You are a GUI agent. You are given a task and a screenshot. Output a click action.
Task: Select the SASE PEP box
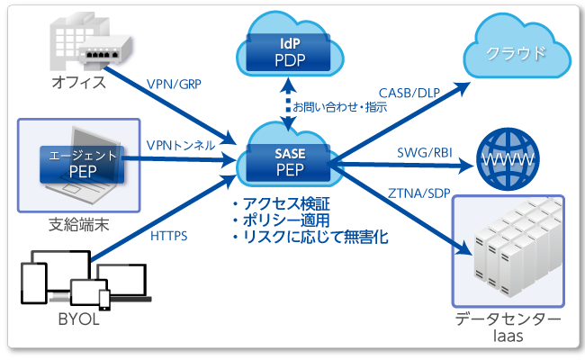click(x=290, y=159)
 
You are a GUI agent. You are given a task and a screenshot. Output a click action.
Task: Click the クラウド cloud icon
click(x=515, y=52)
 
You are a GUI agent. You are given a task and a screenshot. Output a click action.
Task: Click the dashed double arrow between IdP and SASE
click(x=288, y=102)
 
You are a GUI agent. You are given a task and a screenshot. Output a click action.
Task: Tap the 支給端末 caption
click(x=79, y=221)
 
